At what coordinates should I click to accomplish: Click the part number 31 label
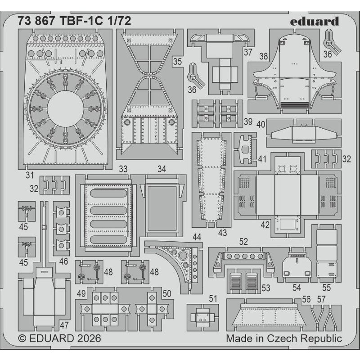30,174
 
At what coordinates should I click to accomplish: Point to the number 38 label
264,56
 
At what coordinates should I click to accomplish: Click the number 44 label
197,237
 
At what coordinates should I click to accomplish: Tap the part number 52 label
243,242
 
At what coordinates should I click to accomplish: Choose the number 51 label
213,297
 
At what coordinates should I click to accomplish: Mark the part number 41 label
262,158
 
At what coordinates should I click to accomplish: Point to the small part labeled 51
201,317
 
